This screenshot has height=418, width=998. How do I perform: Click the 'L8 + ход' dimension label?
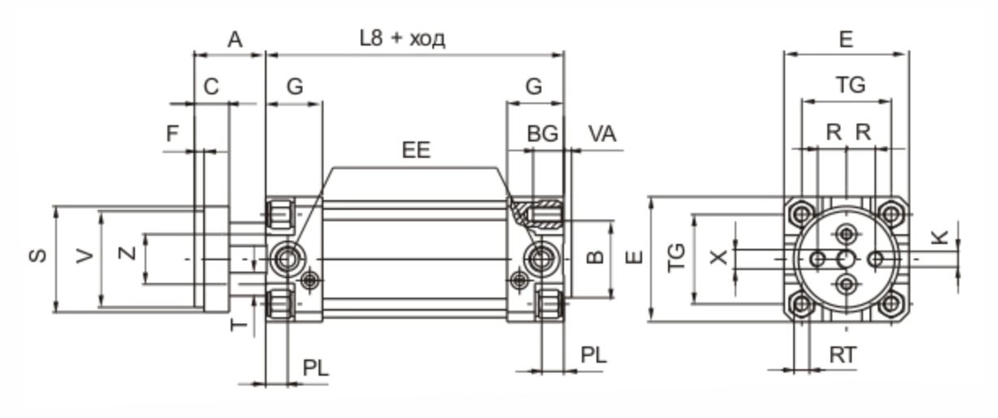tap(403, 38)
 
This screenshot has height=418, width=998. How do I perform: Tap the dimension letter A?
tap(235, 39)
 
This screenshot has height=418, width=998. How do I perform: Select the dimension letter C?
tap(211, 87)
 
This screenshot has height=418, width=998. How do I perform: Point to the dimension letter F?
tap(172, 134)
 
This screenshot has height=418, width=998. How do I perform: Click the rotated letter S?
tap(37, 256)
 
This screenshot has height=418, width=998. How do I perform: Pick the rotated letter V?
tap(84, 256)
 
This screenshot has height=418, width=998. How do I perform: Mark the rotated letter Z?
tap(127, 255)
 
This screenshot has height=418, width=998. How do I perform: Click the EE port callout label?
tap(416, 150)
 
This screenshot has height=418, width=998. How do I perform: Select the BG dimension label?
tap(543, 134)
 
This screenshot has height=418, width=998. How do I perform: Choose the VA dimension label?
tap(602, 134)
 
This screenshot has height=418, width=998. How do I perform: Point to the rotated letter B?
tap(596, 257)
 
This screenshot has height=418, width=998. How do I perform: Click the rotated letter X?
tap(718, 258)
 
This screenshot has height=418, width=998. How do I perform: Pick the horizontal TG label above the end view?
tap(851, 85)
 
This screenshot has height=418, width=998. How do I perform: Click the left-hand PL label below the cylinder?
tap(316, 368)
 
